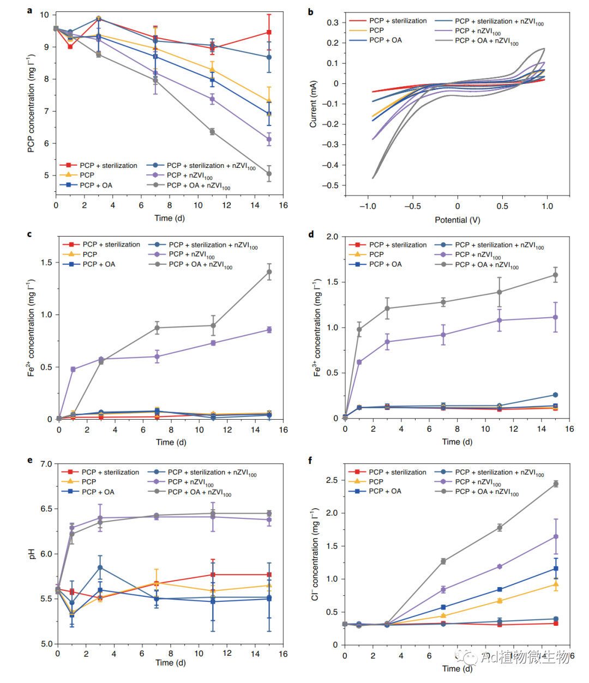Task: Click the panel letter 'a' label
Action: (x=29, y=10)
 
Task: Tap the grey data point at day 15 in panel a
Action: (x=269, y=174)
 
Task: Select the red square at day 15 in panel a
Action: (x=269, y=32)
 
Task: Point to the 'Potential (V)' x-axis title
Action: (x=457, y=220)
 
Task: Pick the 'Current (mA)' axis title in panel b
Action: (x=313, y=104)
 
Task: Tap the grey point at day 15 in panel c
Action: (x=269, y=272)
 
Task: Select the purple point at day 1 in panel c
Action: (x=73, y=369)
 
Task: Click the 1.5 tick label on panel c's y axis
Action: (x=46, y=262)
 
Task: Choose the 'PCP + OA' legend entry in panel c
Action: (x=99, y=264)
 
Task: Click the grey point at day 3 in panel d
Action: (x=387, y=309)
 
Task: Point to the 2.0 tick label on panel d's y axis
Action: (x=332, y=237)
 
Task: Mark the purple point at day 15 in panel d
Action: (x=556, y=317)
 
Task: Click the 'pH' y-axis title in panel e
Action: (x=31, y=554)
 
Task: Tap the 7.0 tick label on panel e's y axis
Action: (x=46, y=464)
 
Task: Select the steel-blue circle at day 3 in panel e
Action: (x=100, y=567)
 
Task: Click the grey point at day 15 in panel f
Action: (x=556, y=484)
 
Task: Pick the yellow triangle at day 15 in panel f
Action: (x=556, y=584)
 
